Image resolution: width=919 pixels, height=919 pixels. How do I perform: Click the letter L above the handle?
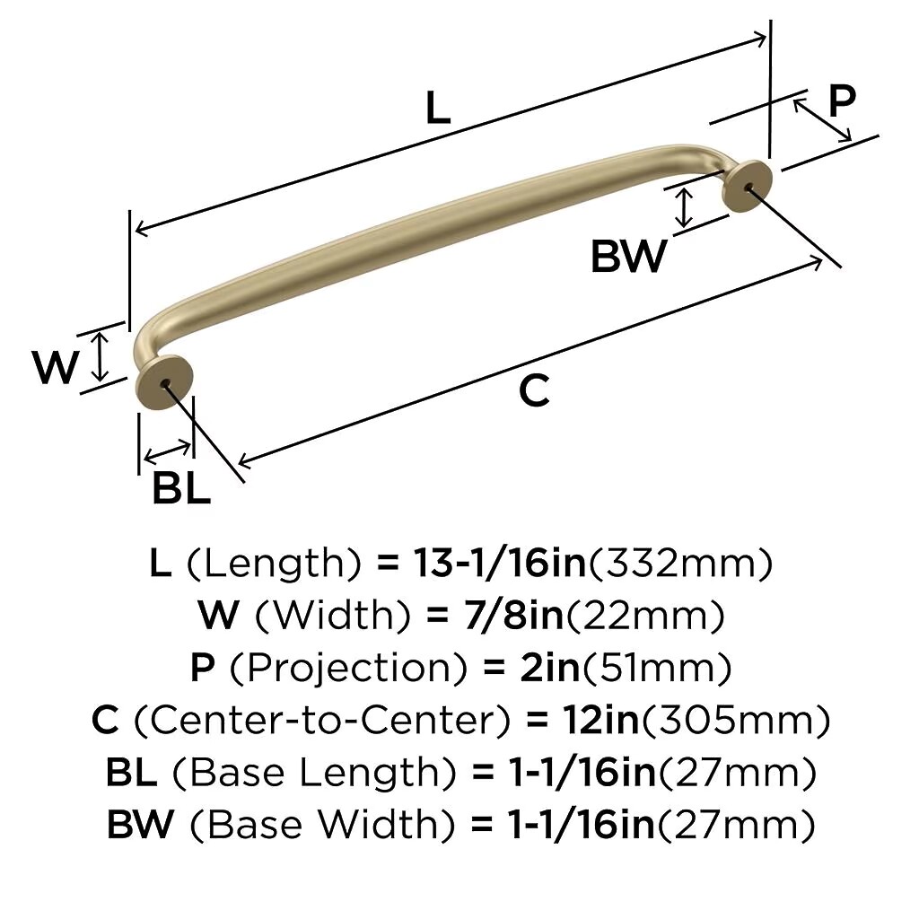tap(438, 108)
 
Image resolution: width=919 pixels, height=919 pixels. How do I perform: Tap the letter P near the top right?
tap(842, 101)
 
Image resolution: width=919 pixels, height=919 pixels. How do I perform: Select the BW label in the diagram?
tap(628, 256)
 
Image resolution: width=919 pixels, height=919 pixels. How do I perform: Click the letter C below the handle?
tap(534, 391)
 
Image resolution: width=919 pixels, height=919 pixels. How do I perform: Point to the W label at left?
tap(55, 367)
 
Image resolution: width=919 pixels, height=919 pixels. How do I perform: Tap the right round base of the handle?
tap(746, 187)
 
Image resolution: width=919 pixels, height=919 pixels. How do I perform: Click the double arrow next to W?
tap(101, 356)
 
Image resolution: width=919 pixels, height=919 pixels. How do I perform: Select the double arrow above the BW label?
tap(683, 208)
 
